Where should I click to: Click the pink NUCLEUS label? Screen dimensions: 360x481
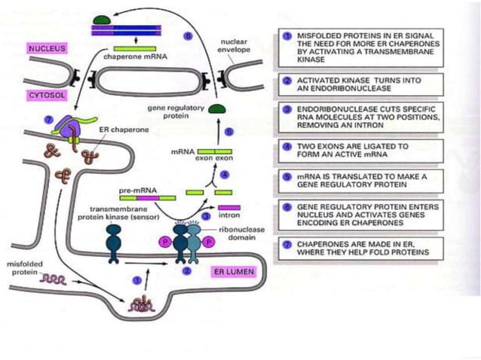[47, 48]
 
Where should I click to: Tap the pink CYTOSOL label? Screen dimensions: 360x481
[46, 96]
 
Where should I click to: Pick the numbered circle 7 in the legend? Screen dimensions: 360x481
[286, 243]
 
